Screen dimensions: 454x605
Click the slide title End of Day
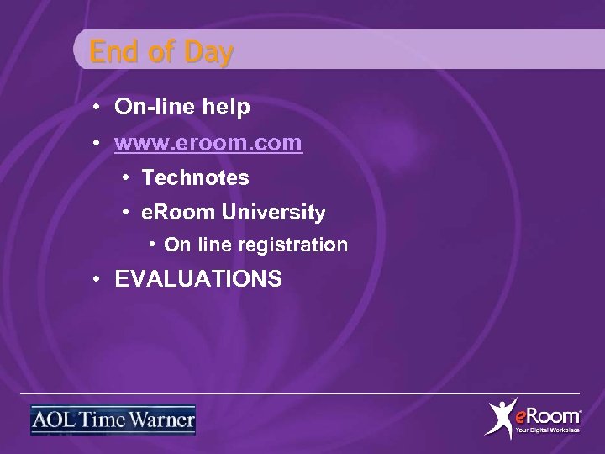(x=161, y=53)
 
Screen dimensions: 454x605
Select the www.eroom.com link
(x=209, y=144)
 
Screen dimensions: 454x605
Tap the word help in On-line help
(x=224, y=108)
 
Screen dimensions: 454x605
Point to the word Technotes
(x=196, y=178)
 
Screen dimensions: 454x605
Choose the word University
(x=273, y=213)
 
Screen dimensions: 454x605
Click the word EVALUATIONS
(x=198, y=279)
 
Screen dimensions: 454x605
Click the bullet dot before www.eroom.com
(x=98, y=145)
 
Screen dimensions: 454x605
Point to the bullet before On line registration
(x=151, y=245)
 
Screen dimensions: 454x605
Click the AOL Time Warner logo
(x=113, y=420)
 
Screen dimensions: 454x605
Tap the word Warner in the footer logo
(x=165, y=420)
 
